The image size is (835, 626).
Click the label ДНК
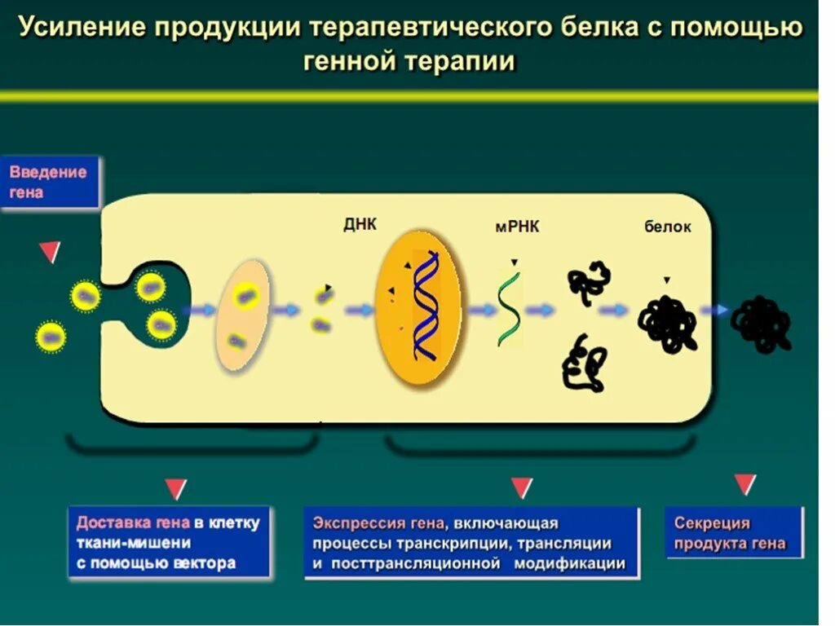coord(360,224)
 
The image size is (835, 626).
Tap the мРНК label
coord(517,227)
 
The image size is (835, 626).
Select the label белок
coord(667,227)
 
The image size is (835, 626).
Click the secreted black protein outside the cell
coord(761,323)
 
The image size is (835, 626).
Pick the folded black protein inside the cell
coord(667,323)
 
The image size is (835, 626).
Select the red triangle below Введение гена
coord(50,253)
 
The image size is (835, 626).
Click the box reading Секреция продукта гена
coord(734,533)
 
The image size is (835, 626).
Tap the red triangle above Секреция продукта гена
coord(744,484)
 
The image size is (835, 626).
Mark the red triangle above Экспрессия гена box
coord(521,487)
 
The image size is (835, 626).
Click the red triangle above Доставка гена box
coord(175,489)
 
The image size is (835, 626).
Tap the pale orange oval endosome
coord(242,316)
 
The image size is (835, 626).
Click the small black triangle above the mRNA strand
coord(514,262)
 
